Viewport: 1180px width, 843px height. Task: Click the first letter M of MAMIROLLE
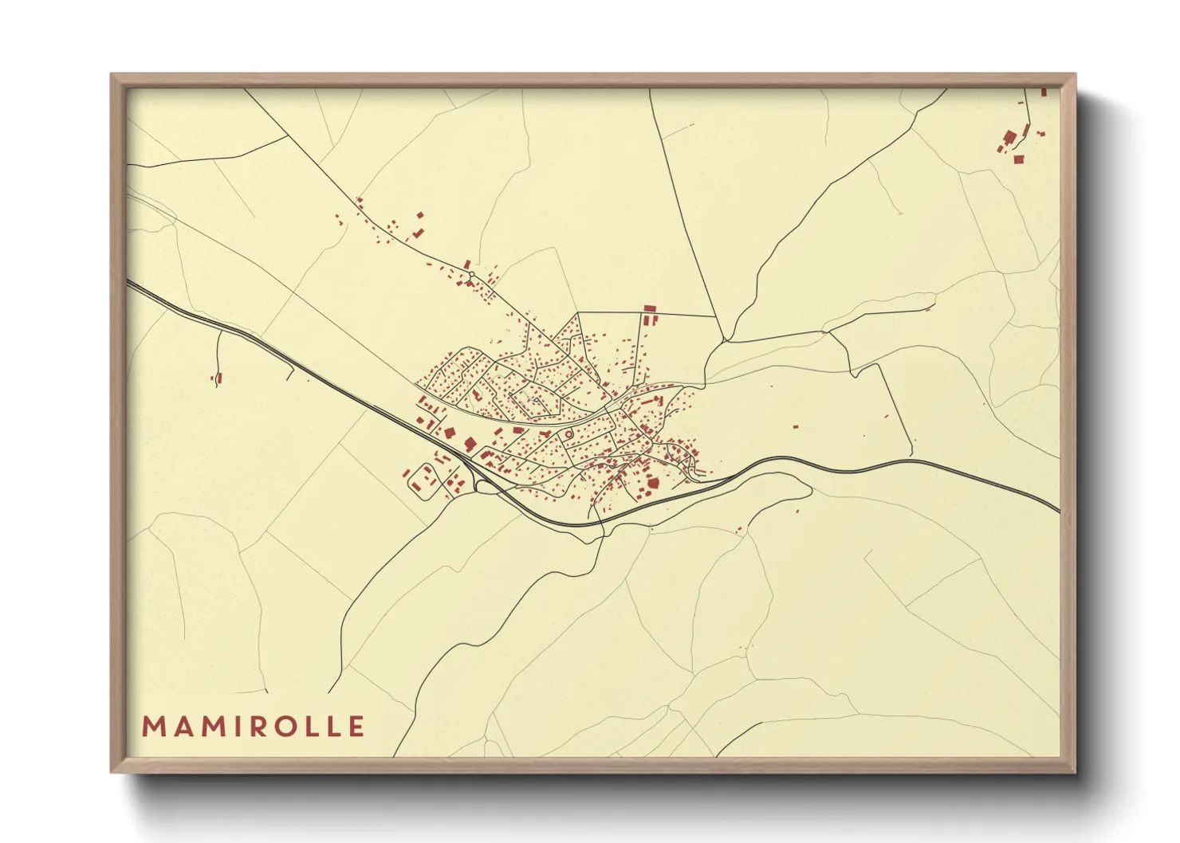click(x=152, y=727)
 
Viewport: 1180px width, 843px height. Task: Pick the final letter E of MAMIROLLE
click(x=356, y=727)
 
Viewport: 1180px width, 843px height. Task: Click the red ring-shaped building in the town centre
click(x=569, y=433)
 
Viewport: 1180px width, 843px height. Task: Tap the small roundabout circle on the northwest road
click(x=471, y=275)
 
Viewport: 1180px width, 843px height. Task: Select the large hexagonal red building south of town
click(x=653, y=481)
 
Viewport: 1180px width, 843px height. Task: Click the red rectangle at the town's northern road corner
click(x=649, y=308)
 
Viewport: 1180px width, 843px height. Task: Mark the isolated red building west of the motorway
click(x=218, y=378)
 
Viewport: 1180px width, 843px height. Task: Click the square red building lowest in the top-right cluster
click(x=1018, y=159)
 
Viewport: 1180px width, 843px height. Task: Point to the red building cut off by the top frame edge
click(x=1043, y=92)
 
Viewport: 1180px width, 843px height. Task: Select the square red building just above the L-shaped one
click(x=419, y=215)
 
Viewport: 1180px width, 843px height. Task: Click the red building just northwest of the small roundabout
click(x=466, y=265)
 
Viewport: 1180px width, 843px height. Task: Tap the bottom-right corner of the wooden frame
click(x=1076, y=772)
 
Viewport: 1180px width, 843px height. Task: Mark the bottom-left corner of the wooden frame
click(x=112, y=772)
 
